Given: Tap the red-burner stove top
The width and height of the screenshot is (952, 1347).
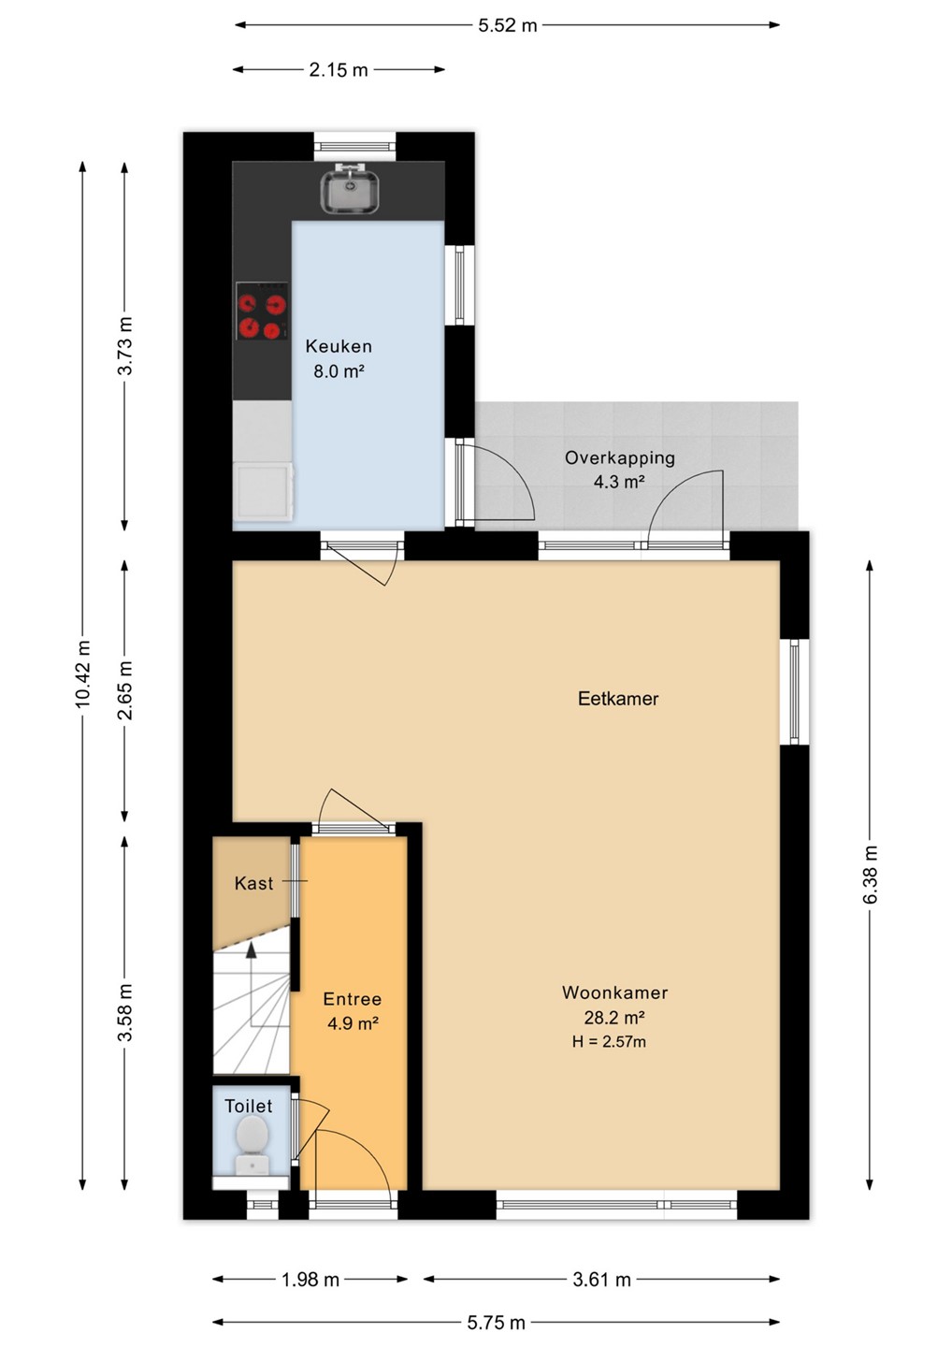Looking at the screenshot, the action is [x=262, y=311].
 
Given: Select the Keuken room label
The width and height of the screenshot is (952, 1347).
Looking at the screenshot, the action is [x=339, y=346].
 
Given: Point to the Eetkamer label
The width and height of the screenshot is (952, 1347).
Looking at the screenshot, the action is [x=618, y=698].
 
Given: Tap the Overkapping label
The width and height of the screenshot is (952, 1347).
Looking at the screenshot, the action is [x=620, y=457].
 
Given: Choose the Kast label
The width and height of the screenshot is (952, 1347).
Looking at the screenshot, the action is [x=253, y=883].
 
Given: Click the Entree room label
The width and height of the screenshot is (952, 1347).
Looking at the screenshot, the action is [x=353, y=999].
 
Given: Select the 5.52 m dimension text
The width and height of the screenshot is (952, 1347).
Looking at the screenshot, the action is [x=507, y=26].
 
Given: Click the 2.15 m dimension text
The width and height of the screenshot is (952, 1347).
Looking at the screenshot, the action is [x=339, y=70].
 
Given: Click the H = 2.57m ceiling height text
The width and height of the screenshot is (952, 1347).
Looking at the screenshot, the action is [x=609, y=1042].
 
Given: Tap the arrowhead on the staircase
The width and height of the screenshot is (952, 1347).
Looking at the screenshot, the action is [x=251, y=949].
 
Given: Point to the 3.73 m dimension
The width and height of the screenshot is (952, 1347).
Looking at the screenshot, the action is [x=125, y=346].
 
